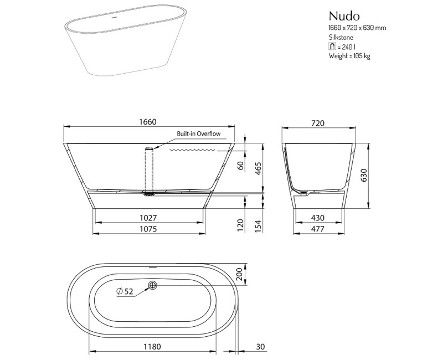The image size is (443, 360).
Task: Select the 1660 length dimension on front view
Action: click(148, 122)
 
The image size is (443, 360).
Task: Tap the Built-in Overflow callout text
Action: click(199, 134)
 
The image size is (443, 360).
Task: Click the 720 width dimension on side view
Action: click(318, 123)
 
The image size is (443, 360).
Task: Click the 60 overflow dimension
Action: click(241, 166)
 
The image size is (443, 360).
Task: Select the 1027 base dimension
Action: click(148, 218)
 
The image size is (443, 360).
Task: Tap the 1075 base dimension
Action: click(148, 229)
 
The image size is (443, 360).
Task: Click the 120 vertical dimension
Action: click(241, 224)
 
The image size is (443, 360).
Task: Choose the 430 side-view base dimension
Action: click(317, 218)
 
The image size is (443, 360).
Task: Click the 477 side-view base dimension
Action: click(317, 229)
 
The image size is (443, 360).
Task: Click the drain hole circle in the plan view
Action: click(153, 286)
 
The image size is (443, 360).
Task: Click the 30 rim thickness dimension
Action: click(261, 347)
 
